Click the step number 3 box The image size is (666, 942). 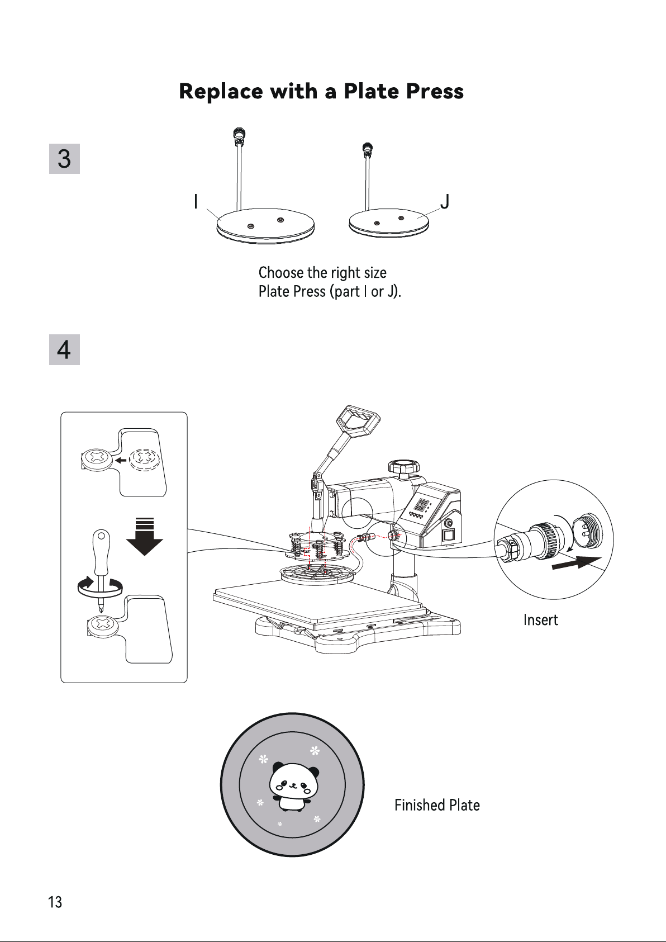64,159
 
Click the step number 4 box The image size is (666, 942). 64,349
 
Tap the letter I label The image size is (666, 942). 196,201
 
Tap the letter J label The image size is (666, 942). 445,201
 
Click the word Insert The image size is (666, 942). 540,620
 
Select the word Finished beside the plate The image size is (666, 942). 420,805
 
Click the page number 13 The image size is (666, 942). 55,902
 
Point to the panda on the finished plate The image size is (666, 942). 294,785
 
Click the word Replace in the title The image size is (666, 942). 221,91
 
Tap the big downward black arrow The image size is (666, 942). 145,537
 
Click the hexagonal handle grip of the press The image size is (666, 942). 358,422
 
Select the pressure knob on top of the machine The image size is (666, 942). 404,467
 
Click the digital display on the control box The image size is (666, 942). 423,505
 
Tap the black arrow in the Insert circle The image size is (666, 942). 577,562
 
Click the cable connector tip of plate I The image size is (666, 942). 240,135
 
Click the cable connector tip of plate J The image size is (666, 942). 368,149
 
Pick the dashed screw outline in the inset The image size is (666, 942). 145,460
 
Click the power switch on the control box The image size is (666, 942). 448,536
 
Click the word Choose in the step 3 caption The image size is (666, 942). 281,272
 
